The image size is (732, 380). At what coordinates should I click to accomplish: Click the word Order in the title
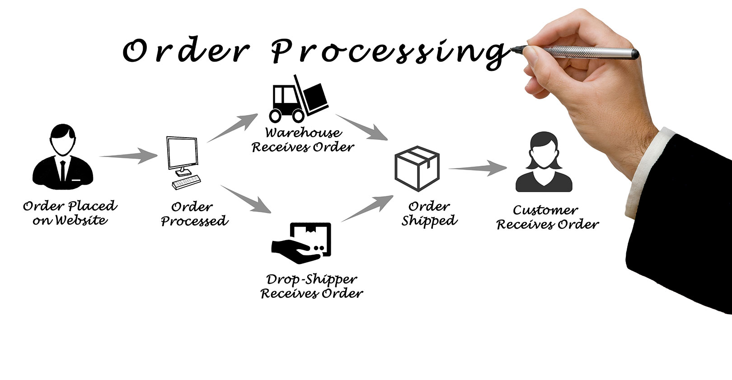(x=185, y=51)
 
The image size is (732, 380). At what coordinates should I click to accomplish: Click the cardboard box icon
(x=417, y=168)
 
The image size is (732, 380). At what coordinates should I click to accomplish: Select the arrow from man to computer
(x=129, y=156)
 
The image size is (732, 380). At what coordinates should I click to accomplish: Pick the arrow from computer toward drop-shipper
(x=246, y=199)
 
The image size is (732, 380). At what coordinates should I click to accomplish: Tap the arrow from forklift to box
(x=362, y=127)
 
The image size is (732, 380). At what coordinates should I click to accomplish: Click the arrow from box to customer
(x=478, y=168)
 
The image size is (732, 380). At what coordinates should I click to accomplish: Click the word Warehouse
(x=303, y=133)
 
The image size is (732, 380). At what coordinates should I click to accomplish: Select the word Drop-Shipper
(x=312, y=280)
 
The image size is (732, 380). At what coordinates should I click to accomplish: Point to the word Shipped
(x=429, y=221)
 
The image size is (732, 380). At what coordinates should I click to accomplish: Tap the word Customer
(x=545, y=210)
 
